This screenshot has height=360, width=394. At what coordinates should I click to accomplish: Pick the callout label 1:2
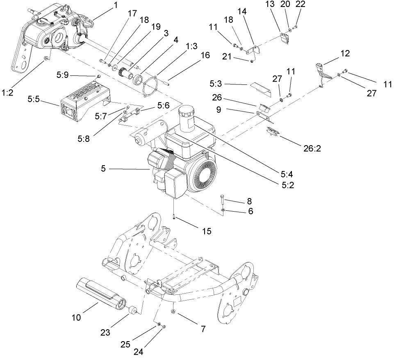[x=7, y=93]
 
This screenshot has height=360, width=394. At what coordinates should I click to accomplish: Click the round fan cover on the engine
[x=204, y=172]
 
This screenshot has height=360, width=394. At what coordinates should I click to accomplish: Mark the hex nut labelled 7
[x=174, y=312]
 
